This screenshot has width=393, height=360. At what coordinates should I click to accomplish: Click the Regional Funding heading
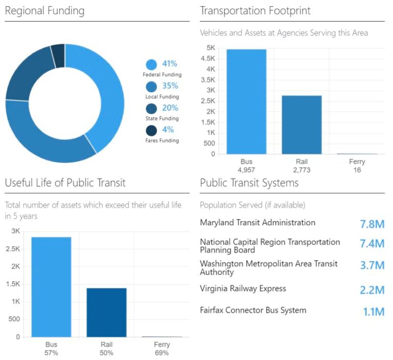pyautogui.click(x=45, y=11)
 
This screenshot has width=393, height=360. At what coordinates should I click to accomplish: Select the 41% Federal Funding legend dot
pyautogui.click(x=151, y=65)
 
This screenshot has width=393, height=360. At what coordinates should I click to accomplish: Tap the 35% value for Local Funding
pyautogui.click(x=170, y=86)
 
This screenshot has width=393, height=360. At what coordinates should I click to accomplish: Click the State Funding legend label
pyautogui.click(x=162, y=118)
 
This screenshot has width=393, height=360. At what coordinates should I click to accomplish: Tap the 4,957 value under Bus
pyautogui.click(x=246, y=170)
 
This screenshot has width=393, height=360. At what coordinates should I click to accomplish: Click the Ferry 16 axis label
pyautogui.click(x=357, y=166)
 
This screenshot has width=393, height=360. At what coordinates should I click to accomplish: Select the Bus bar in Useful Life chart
pyautogui.click(x=51, y=287)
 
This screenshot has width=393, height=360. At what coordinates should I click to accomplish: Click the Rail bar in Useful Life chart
pyautogui.click(x=106, y=312)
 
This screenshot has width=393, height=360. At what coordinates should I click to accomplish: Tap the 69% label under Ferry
pyautogui.click(x=162, y=353)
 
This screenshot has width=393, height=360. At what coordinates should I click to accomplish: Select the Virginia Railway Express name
pyautogui.click(x=243, y=288)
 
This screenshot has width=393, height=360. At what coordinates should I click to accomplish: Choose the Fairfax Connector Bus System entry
pyautogui.click(x=253, y=310)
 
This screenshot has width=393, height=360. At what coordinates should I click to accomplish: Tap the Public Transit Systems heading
pyautogui.click(x=249, y=183)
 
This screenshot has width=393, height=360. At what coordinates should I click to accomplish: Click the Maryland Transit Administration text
pyautogui.click(x=257, y=223)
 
